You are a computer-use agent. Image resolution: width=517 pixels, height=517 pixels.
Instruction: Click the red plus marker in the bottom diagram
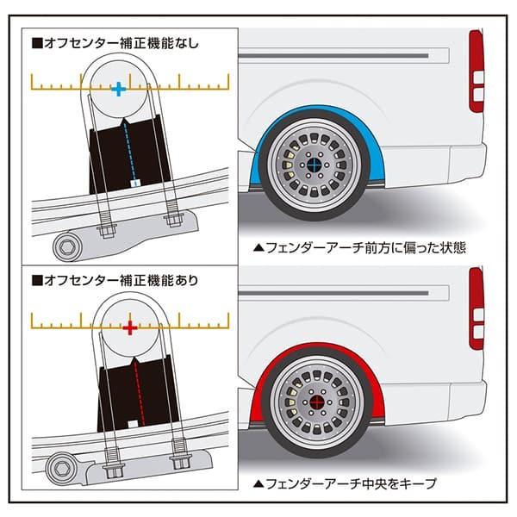tap(129, 328)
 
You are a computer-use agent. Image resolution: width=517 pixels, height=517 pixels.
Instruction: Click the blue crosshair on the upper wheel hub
tap(317, 165)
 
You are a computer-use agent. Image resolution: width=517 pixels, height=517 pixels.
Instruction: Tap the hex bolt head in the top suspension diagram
tap(66, 248)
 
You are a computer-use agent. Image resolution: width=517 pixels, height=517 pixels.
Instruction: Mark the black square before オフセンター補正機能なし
tap(37, 40)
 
